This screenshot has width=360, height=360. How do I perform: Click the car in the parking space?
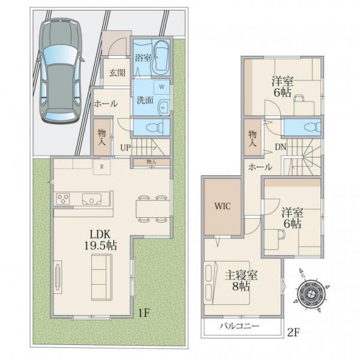pyautogui.click(x=61, y=71)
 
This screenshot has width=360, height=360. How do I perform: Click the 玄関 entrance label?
pyautogui.click(x=117, y=73)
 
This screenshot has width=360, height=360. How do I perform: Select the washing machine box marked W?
pyautogui.click(x=162, y=87)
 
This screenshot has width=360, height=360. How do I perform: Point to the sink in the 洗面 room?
pyautogui.click(x=163, y=107)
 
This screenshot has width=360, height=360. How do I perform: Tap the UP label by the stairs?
pyautogui.click(x=125, y=148)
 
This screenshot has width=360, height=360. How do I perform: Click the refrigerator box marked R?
pyautogui.click(x=102, y=167)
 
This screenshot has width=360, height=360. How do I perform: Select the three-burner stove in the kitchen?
pyautogui.click(x=63, y=199)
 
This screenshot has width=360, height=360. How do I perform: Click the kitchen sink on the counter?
pyautogui.click(x=92, y=199)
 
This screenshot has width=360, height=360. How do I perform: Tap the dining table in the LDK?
pyautogui.click(x=152, y=208)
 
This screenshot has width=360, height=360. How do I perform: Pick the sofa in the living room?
pyautogui.click(x=102, y=277)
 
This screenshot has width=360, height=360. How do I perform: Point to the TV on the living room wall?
pyautogui.click(x=58, y=277)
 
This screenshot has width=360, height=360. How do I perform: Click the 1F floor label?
pyautogui.click(x=144, y=313)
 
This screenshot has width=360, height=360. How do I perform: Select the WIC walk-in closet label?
pyautogui.click(x=222, y=206)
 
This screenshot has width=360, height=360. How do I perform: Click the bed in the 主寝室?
pyautogui.click(x=227, y=283)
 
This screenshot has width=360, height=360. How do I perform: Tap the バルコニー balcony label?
pyautogui.click(x=239, y=326)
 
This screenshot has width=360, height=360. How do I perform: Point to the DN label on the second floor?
pyautogui.click(x=281, y=147)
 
